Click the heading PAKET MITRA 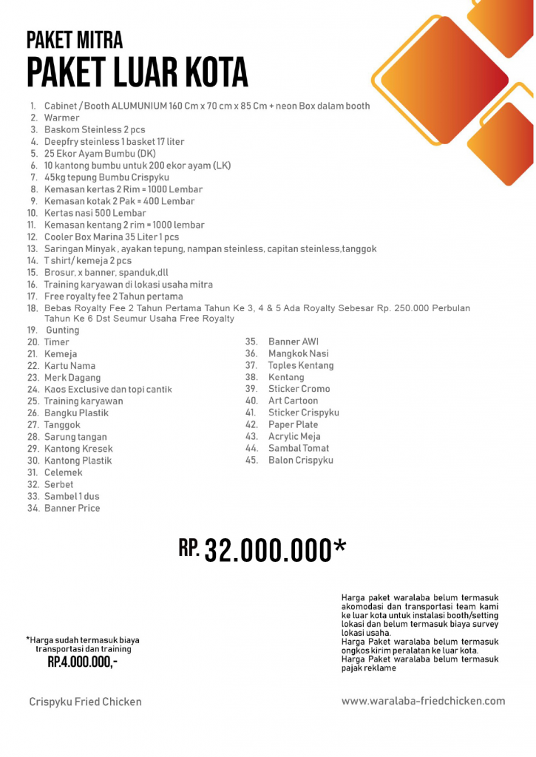tap(74, 39)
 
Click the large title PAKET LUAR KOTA tap(137, 73)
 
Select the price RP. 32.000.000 tap(262, 550)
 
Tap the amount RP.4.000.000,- tap(82, 662)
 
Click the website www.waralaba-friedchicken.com tap(423, 701)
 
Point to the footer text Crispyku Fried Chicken tap(85, 702)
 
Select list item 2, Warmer tap(61, 118)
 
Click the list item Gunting tap(62, 330)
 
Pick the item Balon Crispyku tap(300, 460)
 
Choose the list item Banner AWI tap(293, 342)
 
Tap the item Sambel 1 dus tap(72, 496)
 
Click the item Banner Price tap(72, 508)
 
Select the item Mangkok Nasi tap(298, 353)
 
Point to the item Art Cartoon tap(293, 401)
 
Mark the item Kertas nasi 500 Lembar tap(95, 213)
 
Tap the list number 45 tap(251, 460)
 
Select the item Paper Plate tap(293, 424)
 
